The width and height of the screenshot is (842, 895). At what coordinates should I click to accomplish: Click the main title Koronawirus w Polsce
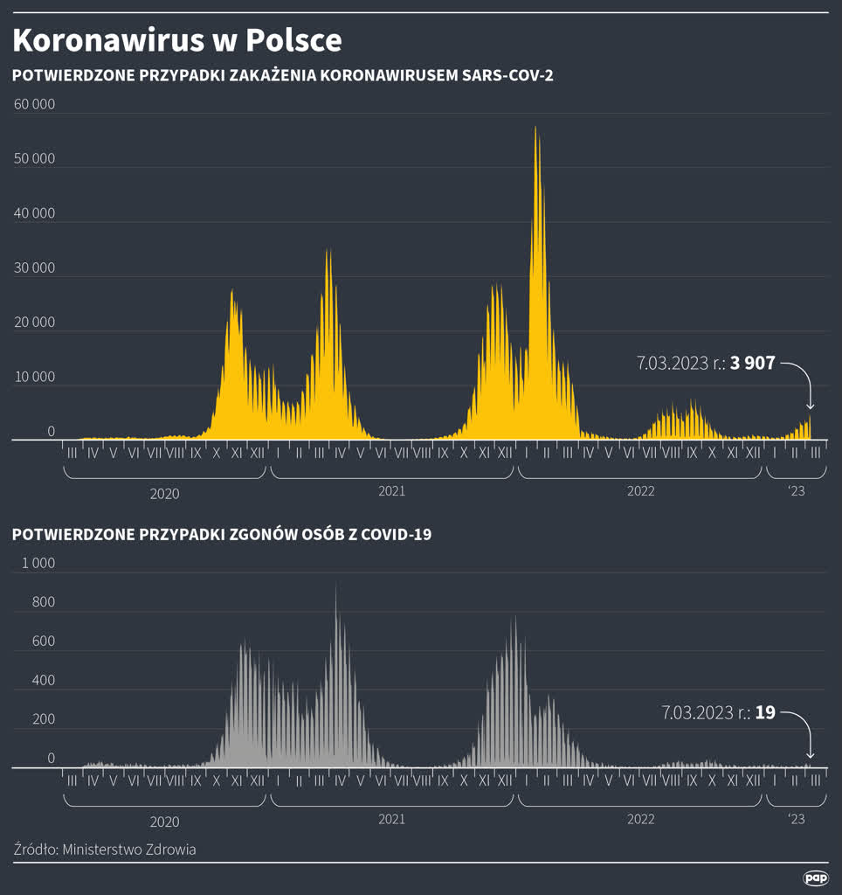(177, 40)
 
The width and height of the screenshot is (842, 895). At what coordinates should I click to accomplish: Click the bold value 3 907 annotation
(753, 363)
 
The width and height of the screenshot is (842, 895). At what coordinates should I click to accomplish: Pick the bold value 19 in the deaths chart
(765, 712)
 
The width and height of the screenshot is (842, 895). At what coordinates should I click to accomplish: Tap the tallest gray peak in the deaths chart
(336, 587)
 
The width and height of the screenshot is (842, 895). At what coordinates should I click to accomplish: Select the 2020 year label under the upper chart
(164, 494)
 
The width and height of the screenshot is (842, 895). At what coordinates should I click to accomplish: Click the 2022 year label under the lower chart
(640, 819)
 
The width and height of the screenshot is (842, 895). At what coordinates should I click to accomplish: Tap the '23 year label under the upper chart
(796, 491)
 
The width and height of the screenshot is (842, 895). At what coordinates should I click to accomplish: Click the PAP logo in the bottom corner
(816, 878)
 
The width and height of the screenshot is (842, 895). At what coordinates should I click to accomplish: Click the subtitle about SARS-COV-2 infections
(282, 76)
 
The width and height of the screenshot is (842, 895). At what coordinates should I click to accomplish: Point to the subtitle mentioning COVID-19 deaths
(221, 535)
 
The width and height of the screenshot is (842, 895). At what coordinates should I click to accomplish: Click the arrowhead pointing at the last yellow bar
(810, 406)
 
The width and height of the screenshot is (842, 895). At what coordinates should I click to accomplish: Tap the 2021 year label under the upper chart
(391, 491)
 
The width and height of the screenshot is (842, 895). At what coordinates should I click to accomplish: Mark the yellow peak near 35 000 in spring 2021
(328, 251)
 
